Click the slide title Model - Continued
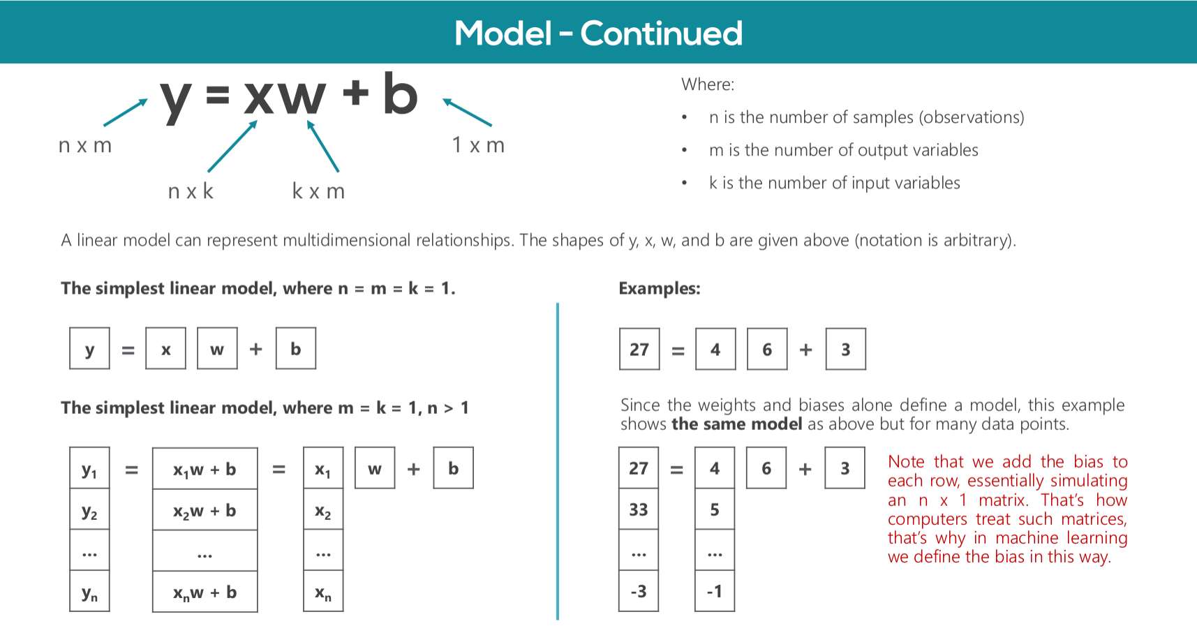click(x=598, y=33)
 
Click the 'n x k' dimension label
click(x=191, y=191)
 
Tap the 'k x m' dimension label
click(x=318, y=191)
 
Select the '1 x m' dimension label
click(x=478, y=145)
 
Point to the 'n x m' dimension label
click(x=85, y=145)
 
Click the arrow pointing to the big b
click(x=468, y=112)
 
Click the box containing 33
click(x=639, y=509)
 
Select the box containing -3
click(x=639, y=591)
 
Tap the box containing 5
click(x=715, y=509)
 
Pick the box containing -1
click(x=715, y=591)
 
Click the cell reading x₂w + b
click(x=205, y=511)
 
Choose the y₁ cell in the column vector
click(x=89, y=470)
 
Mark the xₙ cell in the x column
click(x=323, y=593)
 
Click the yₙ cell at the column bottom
click(x=89, y=593)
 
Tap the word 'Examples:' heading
click(x=660, y=288)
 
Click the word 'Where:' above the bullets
click(x=708, y=84)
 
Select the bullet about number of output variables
click(x=843, y=150)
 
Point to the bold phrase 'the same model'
click(x=736, y=424)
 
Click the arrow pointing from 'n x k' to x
click(x=232, y=146)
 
